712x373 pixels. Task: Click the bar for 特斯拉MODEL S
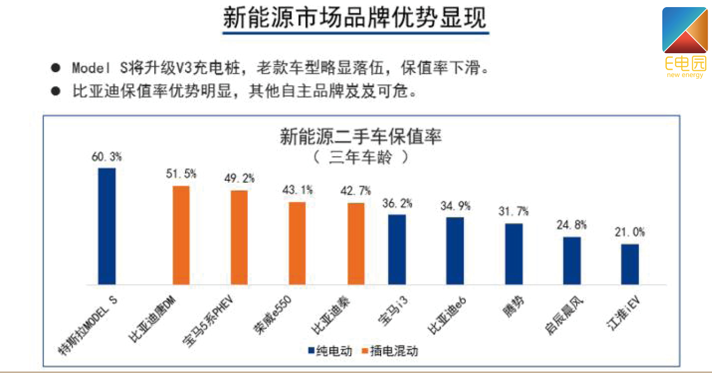[x=106, y=226]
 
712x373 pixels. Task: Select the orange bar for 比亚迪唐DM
[x=181, y=235]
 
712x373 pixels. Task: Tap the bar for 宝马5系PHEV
[x=239, y=237]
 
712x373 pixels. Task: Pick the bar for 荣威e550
[x=297, y=243]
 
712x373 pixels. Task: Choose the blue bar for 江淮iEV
[x=630, y=264]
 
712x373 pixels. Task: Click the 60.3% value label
[x=106, y=157]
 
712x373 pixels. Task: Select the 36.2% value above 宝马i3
[x=397, y=203]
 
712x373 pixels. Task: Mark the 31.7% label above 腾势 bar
[x=513, y=212]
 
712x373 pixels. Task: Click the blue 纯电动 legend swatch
[x=311, y=351]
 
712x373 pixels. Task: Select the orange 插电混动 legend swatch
[x=365, y=351]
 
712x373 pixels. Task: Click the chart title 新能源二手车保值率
[x=360, y=137]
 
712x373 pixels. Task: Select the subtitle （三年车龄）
[x=360, y=158]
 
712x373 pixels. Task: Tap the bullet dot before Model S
[x=56, y=68]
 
